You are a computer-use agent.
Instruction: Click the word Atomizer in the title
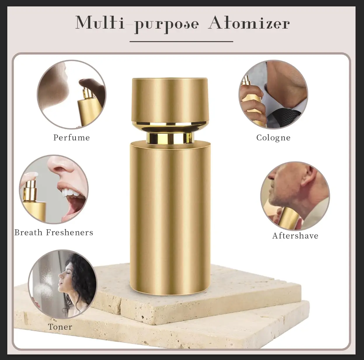[249, 23]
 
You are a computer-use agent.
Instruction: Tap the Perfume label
[72, 137]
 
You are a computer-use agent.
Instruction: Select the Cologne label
[273, 137]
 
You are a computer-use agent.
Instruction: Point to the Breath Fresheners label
[54, 233]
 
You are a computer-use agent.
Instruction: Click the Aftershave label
[295, 235]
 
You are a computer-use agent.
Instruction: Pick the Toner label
[60, 327]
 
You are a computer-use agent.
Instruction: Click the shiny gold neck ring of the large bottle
[170, 137]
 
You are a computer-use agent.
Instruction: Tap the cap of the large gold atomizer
[170, 99]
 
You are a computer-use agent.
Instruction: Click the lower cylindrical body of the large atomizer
[170, 216]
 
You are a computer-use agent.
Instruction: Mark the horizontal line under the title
[181, 42]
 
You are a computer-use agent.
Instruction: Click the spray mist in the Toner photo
[45, 280]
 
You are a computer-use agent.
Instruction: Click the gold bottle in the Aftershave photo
[288, 217]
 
